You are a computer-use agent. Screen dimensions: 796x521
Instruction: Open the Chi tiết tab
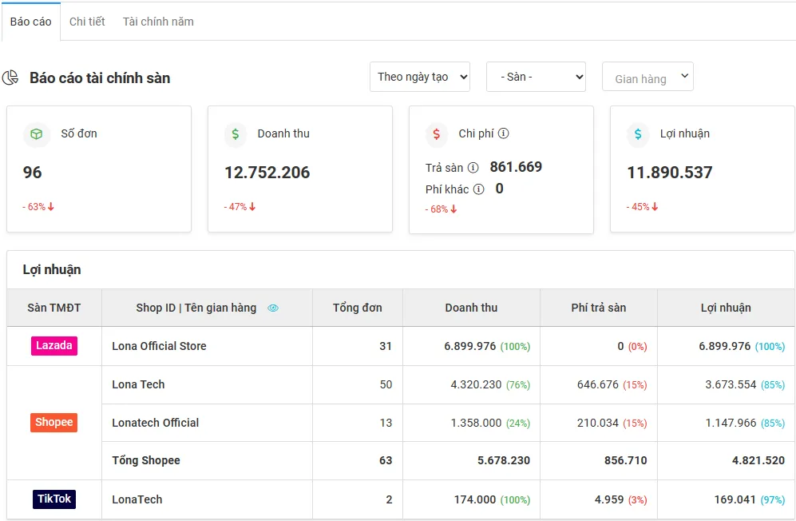tap(87, 22)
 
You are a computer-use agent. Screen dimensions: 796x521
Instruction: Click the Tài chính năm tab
tap(158, 22)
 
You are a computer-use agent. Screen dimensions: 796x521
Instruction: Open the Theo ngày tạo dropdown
tap(420, 77)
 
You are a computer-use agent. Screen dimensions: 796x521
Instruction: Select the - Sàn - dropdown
tap(536, 77)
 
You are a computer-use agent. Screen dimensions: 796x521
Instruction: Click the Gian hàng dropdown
tap(647, 77)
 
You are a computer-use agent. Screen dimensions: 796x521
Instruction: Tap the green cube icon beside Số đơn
tap(37, 133)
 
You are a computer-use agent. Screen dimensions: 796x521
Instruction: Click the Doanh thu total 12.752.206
tap(267, 173)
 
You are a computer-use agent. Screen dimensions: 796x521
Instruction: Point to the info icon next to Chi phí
tap(504, 133)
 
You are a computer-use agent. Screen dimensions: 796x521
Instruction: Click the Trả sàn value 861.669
tap(516, 167)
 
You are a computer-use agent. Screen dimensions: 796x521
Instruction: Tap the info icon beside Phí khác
tap(479, 189)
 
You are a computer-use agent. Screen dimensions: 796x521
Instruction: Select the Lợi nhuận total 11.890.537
tap(670, 173)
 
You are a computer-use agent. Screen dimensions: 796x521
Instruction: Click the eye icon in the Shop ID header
tap(273, 308)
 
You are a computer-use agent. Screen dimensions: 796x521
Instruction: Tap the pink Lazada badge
tap(53, 346)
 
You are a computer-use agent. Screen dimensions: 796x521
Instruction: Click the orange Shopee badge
tap(53, 423)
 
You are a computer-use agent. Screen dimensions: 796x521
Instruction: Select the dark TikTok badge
tap(54, 499)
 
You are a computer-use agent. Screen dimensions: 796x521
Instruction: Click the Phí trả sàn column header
tap(599, 308)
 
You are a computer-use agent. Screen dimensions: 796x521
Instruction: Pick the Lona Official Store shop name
tap(159, 346)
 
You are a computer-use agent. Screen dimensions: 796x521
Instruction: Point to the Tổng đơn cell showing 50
tap(386, 385)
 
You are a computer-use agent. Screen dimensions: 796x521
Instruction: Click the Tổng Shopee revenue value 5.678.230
tap(504, 460)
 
